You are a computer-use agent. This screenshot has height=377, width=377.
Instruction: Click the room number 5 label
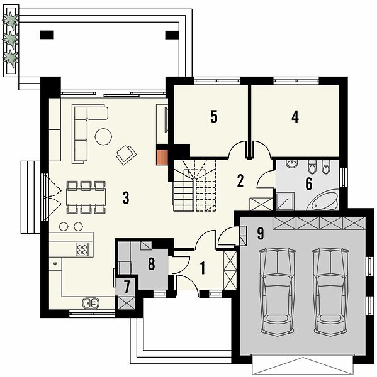click(x=213, y=117)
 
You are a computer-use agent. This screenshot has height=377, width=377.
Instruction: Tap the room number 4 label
click(x=295, y=117)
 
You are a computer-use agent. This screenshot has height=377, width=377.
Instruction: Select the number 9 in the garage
click(x=261, y=233)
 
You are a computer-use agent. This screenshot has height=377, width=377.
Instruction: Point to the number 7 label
click(x=127, y=287)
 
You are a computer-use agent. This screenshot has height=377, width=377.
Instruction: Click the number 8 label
click(x=151, y=263)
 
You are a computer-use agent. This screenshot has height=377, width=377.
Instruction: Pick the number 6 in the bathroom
click(x=309, y=183)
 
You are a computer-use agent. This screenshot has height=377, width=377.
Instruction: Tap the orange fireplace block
click(x=162, y=158)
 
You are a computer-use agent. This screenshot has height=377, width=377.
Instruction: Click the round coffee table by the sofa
click(x=103, y=136)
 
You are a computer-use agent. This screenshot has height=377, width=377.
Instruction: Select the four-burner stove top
click(x=82, y=249)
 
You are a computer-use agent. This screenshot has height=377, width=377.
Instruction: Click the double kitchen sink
click(x=91, y=303)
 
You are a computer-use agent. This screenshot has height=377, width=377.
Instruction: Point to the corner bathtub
click(x=324, y=200)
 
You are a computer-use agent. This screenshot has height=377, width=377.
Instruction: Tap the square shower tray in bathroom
click(x=285, y=201)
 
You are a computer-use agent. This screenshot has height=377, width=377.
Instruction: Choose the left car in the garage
click(x=278, y=292)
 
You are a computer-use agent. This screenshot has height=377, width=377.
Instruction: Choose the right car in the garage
click(x=331, y=292)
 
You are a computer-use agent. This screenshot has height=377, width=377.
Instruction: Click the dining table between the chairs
click(x=86, y=197)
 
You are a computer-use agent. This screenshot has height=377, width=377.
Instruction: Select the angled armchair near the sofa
click(x=127, y=155)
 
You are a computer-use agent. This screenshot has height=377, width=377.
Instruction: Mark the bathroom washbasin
click(x=292, y=164)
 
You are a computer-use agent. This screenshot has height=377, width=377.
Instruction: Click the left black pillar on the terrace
click(x=47, y=35)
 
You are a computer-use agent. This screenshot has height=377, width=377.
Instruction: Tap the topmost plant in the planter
click(x=11, y=19)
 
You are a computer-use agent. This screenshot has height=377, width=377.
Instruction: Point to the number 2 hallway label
click(x=240, y=181)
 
